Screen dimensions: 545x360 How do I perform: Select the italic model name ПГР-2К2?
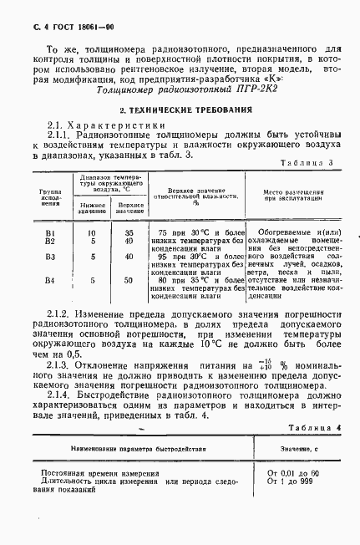click(x=219, y=109)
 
